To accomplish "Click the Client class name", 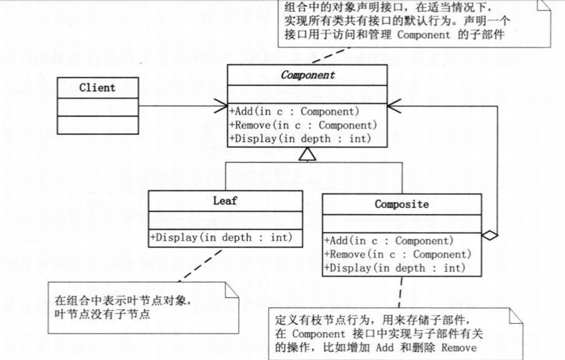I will (x=97, y=88).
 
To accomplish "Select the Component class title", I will (x=308, y=75).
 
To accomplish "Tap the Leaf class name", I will (x=225, y=201).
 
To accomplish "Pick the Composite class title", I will (x=402, y=204).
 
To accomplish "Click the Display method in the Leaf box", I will (x=221, y=237).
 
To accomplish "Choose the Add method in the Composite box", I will (x=389, y=241).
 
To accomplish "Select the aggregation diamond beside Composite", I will (x=490, y=235).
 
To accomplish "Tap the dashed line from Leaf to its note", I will (x=198, y=264).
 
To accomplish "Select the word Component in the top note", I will (x=423, y=35).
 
